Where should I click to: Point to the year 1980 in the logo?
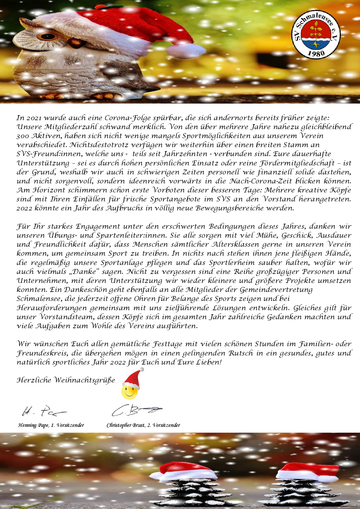coord(316,53)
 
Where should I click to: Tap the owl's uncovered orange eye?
coord(47,37)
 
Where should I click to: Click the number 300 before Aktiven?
coord(23,136)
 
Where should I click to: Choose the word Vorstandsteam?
coord(58,317)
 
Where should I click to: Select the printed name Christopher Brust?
coord(125,425)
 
